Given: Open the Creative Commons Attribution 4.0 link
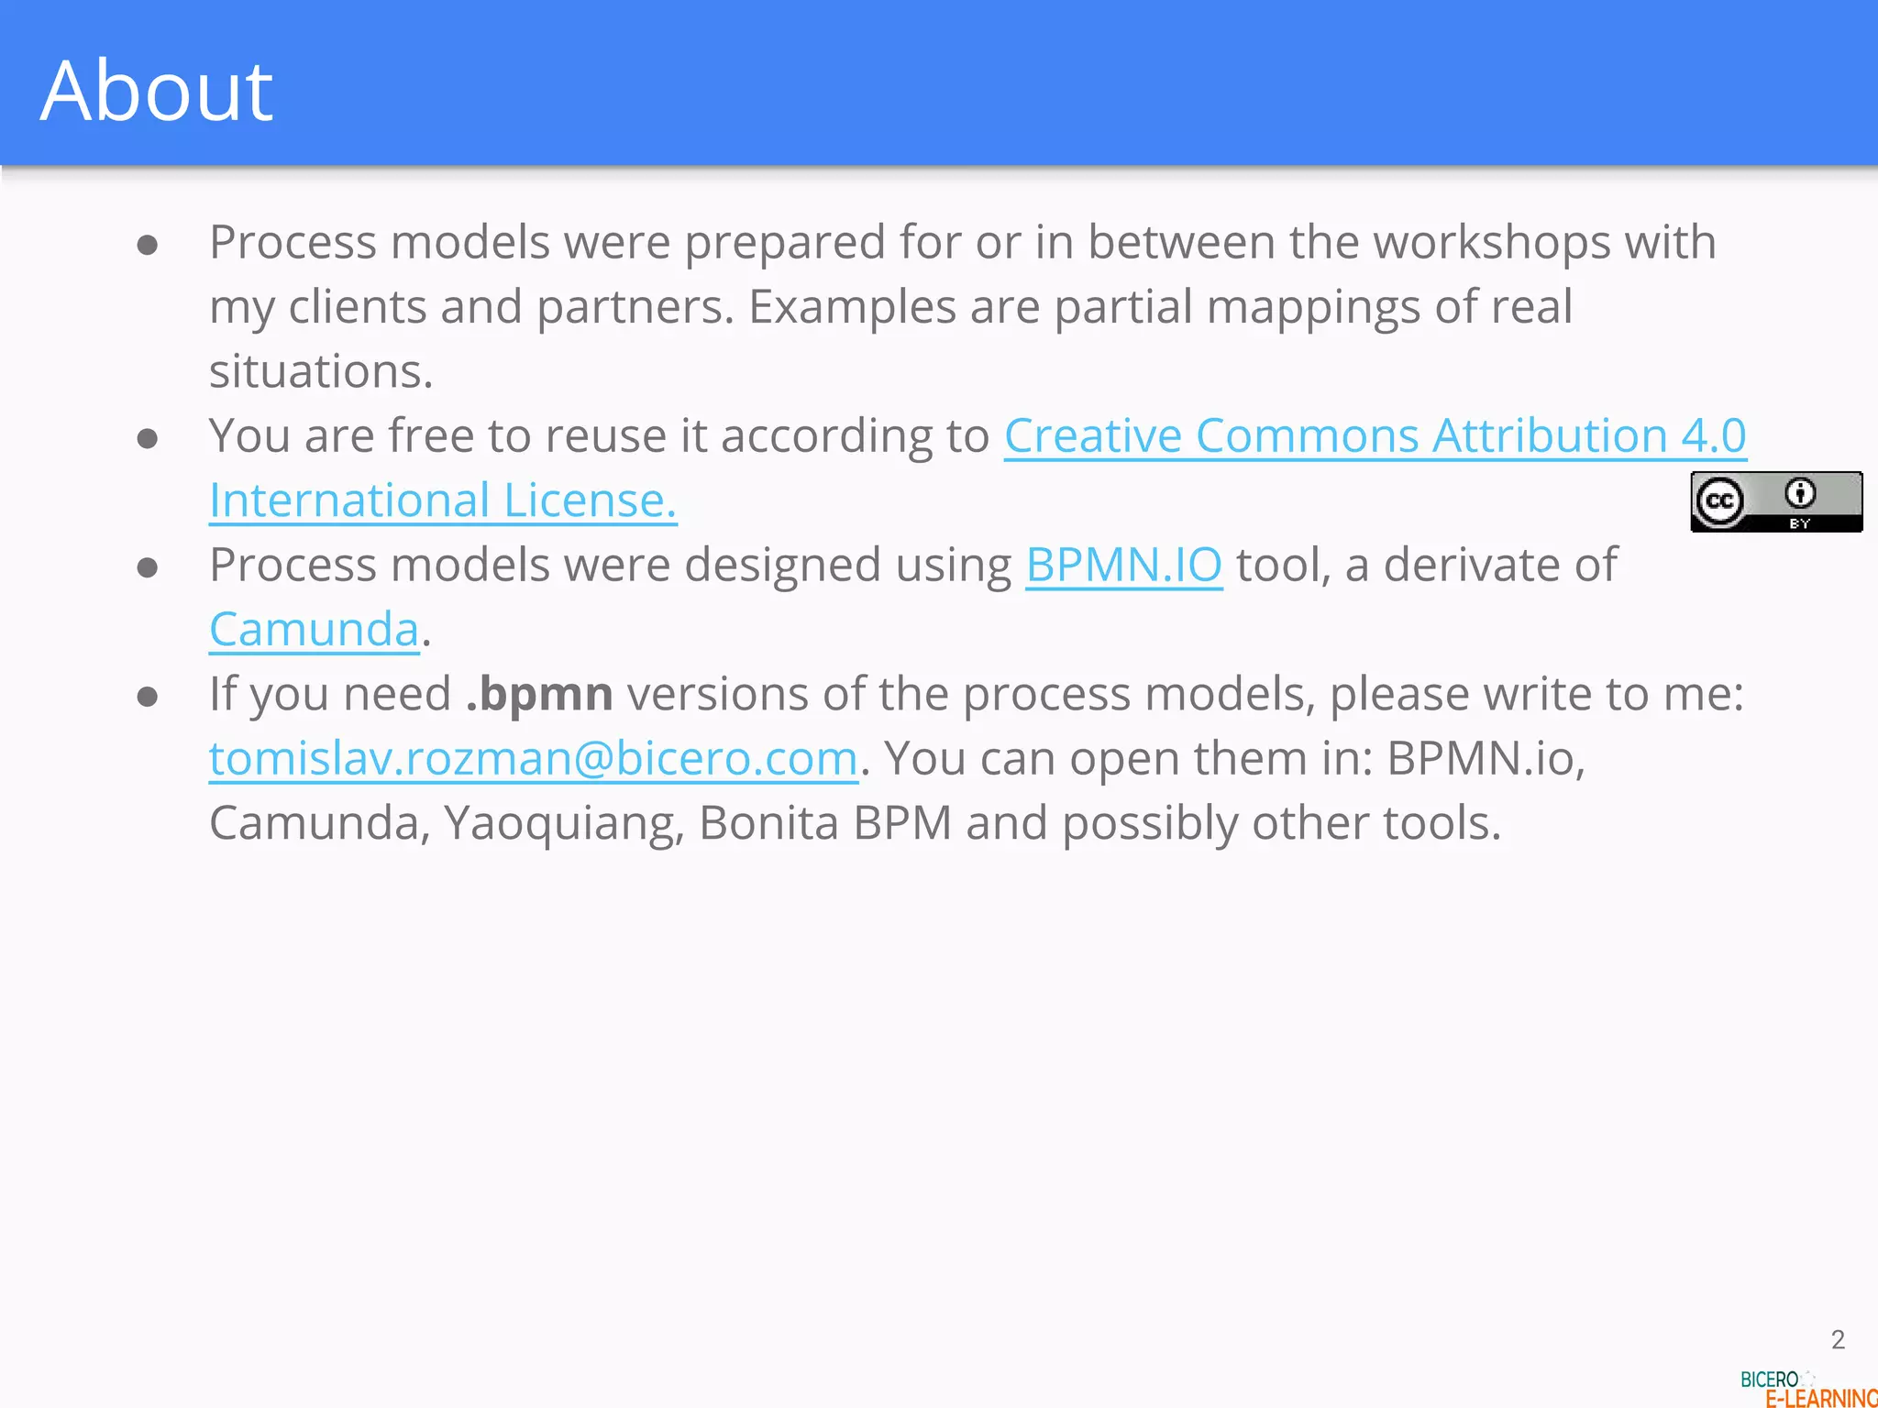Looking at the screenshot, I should [1374, 435].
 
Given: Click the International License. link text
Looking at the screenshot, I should [442, 500].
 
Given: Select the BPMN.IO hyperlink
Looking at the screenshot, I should [1123, 565].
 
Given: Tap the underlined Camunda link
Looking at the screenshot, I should [314, 630].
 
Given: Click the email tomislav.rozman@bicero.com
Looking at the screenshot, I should [533, 759].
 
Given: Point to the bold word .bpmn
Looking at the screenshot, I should [539, 694].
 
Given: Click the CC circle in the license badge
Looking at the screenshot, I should [1719, 501].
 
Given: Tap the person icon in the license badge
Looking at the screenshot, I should [1800, 493].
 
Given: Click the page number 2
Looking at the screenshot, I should [1838, 1339].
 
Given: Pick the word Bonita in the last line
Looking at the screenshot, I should [768, 823].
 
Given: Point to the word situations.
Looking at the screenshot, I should [320, 372].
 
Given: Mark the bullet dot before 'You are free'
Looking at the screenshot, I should [148, 438].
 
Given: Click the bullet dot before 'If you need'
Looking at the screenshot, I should [148, 697].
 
